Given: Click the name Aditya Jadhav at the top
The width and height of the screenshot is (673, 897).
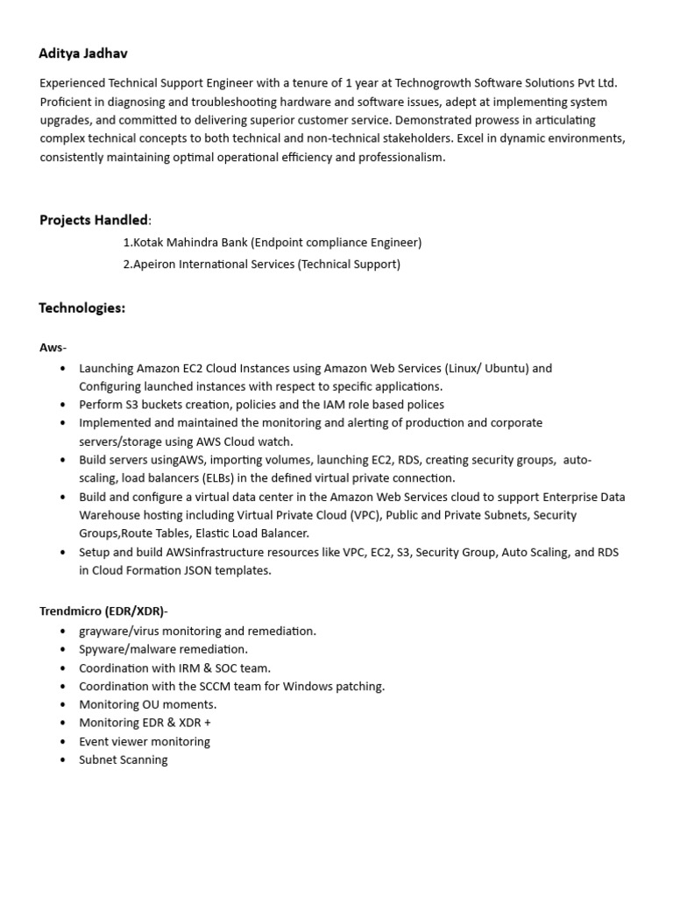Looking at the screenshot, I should point(83,53).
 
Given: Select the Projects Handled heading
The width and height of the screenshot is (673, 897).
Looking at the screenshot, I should point(94,219).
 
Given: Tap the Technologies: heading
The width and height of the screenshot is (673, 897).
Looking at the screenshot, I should point(82,307).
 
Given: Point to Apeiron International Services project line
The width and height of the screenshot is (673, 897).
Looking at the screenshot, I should point(261,264).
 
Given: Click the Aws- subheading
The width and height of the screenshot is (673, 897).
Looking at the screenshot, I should point(53,347).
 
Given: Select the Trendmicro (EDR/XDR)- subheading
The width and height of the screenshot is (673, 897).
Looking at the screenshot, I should point(103,611).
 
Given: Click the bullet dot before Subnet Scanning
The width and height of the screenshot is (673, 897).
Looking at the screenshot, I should point(62,760).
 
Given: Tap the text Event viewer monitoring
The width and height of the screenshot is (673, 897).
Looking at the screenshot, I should point(145,741).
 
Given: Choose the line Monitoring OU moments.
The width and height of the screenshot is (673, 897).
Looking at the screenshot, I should point(147,704).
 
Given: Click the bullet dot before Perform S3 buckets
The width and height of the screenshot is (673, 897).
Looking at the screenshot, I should point(62,405).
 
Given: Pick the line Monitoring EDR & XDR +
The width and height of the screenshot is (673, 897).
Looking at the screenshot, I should point(145,723).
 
